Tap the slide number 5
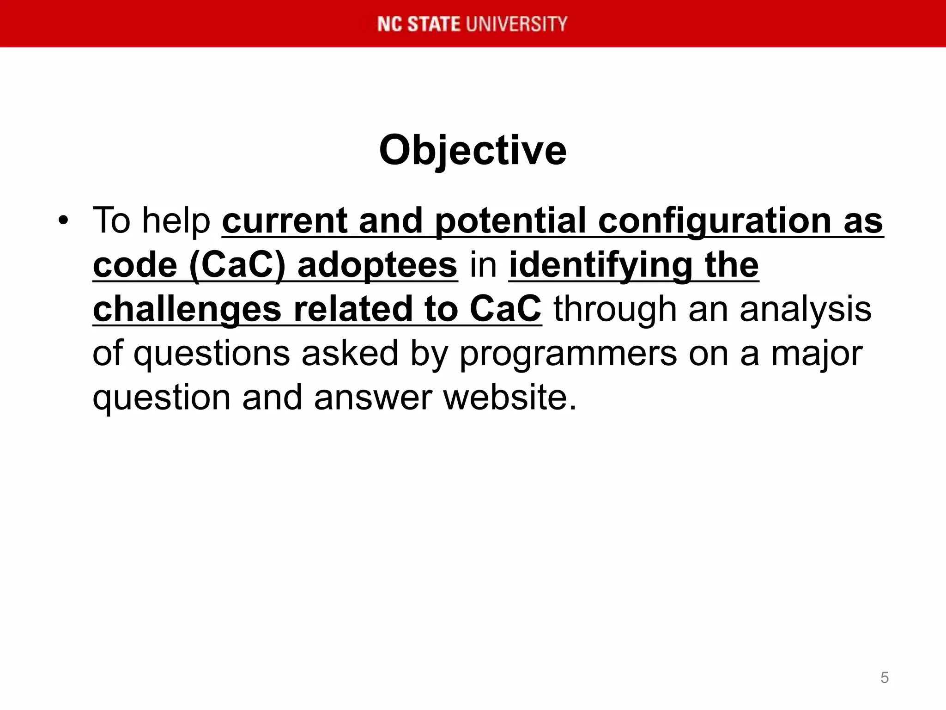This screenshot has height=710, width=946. [x=884, y=678]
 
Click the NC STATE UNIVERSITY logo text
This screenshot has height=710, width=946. [x=472, y=24]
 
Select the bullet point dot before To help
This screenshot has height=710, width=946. [x=63, y=220]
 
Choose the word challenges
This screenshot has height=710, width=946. [x=187, y=309]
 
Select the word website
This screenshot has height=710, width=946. [x=510, y=398]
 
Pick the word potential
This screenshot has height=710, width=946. [x=510, y=220]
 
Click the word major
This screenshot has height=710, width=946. [x=817, y=354]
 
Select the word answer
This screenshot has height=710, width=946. [x=373, y=398]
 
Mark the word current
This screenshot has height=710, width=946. [x=285, y=220]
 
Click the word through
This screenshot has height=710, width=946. [x=615, y=309]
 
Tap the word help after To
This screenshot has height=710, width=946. [x=176, y=220]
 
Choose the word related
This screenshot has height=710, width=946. [x=353, y=309]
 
